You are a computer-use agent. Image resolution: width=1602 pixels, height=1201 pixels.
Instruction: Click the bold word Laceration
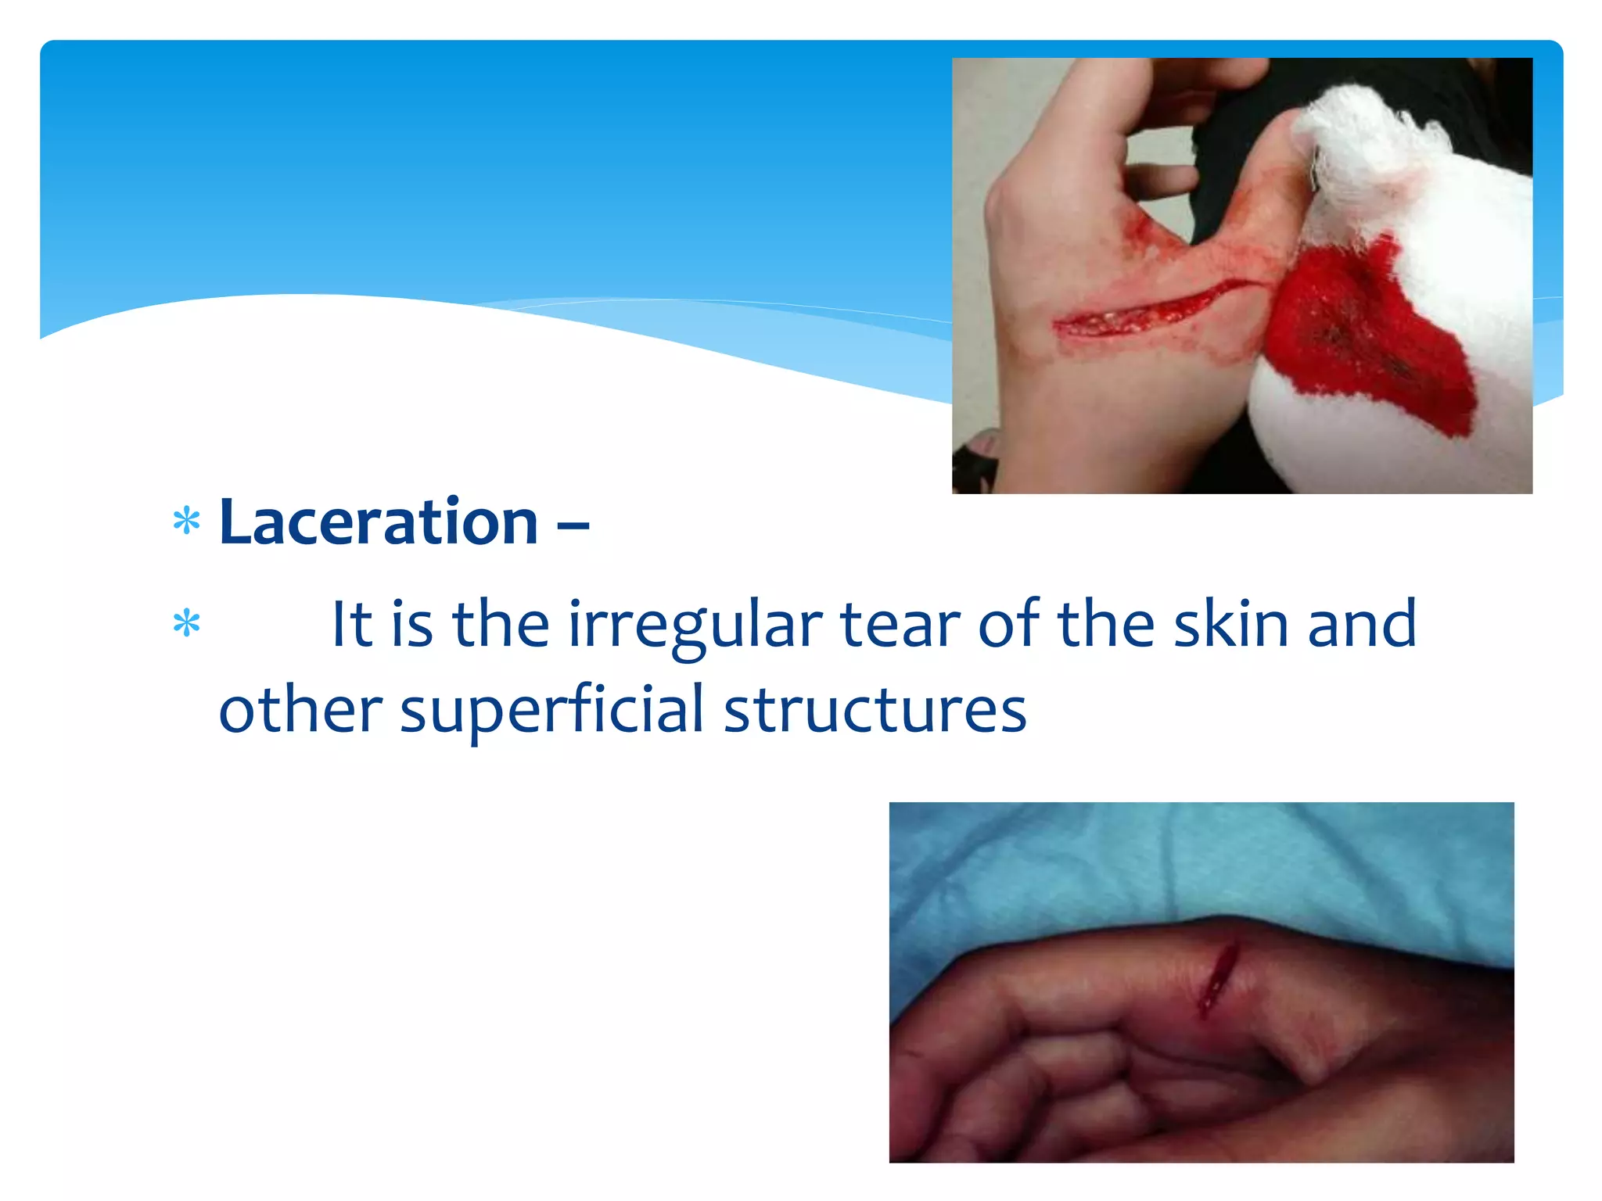[x=379, y=522]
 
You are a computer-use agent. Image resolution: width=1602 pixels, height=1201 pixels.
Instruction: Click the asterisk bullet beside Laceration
[x=187, y=522]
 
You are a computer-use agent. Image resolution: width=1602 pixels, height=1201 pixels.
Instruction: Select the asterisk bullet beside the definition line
[x=187, y=624]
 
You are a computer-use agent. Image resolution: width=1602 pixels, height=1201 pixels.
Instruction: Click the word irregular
[x=695, y=626]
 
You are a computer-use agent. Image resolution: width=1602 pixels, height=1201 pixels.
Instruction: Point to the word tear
[x=900, y=626]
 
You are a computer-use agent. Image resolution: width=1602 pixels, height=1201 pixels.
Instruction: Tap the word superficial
[x=552, y=710]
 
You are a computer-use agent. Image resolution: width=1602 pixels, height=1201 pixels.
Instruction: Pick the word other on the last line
[x=300, y=710]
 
